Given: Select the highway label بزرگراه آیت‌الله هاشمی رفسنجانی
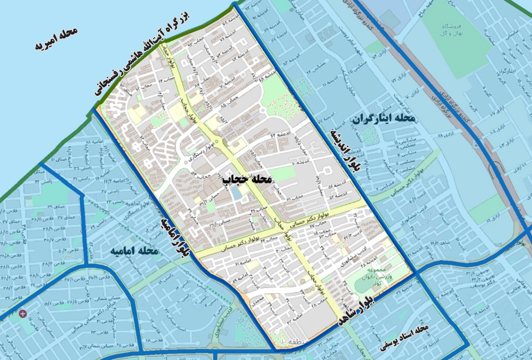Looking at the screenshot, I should pyautogui.click(x=141, y=55).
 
